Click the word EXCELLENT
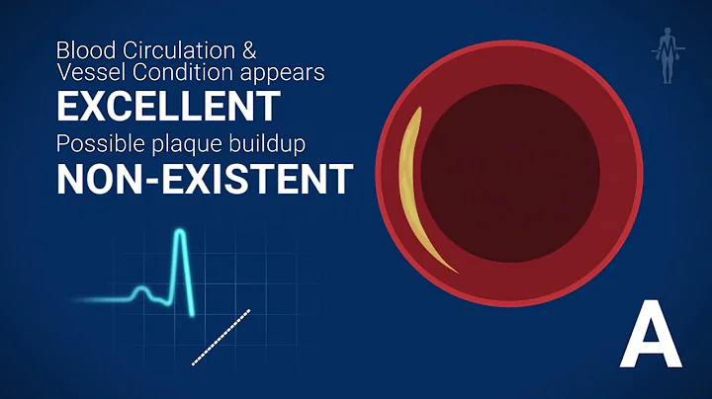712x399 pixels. coord(168,104)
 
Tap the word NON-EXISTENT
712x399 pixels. coord(205,179)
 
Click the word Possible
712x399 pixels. coord(93,142)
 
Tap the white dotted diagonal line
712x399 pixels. coord(221,337)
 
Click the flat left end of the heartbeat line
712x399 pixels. coord(94,299)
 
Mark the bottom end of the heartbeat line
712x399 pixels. coord(193,315)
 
